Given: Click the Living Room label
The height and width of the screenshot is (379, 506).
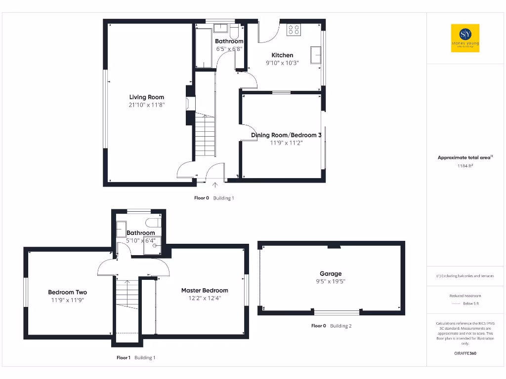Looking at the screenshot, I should point(147,97).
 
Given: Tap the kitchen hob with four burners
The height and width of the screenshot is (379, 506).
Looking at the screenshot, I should point(294,29).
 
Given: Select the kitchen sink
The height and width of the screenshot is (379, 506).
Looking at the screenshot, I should point(315,54).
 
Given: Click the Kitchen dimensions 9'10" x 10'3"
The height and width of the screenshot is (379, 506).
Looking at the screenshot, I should point(283,63).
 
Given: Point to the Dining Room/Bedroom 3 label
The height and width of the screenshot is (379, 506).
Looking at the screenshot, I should point(286,135).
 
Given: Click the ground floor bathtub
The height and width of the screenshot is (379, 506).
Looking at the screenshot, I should point(204,47).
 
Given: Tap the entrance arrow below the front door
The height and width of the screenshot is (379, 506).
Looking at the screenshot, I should point(215,185).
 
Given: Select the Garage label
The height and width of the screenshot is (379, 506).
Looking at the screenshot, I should point(331,273).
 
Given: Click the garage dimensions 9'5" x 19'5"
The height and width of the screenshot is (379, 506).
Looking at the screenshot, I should point(331,281).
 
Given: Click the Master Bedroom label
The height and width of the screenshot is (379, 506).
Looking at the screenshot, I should point(205,290).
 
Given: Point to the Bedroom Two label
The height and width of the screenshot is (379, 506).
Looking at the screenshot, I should point(68,292).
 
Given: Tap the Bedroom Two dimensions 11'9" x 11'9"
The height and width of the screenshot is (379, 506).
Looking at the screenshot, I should point(68,300).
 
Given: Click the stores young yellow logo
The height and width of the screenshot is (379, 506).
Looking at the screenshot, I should point(465,38).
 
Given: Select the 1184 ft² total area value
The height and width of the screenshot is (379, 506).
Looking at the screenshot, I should point(465,166).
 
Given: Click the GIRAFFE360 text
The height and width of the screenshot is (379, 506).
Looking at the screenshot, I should point(465,353).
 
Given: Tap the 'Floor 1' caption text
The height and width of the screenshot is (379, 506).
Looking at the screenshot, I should point(123,358).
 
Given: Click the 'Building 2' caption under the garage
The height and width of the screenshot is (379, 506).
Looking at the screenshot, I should point(341,326).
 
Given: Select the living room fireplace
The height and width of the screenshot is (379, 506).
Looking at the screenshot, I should point(187,104).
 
